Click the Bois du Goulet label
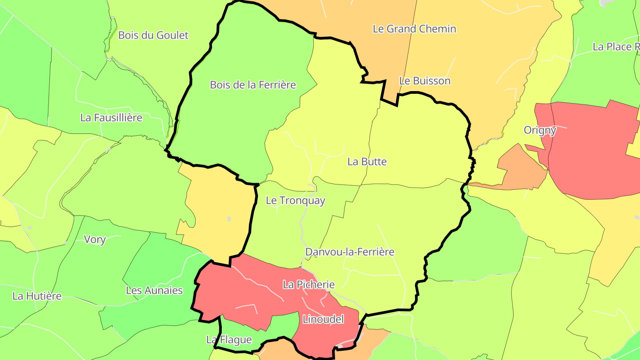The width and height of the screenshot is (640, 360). click(x=153, y=35)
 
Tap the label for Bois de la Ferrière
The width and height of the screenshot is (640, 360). click(x=253, y=84)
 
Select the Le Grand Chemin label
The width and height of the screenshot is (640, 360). click(x=414, y=29)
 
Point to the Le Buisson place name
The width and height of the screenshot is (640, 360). click(x=424, y=81)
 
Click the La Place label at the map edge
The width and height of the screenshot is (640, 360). click(x=616, y=47)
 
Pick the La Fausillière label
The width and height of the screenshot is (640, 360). click(x=111, y=118)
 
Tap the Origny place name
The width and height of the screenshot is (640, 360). click(x=540, y=130)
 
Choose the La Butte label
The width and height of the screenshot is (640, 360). click(x=367, y=162)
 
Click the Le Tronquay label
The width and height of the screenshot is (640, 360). click(x=296, y=200)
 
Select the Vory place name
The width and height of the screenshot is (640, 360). click(x=95, y=240)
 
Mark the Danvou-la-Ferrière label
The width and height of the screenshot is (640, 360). click(x=350, y=252)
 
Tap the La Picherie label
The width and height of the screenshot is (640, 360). click(x=308, y=284)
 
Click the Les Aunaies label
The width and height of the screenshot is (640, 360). click(x=154, y=291)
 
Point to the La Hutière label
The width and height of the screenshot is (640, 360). click(x=37, y=296)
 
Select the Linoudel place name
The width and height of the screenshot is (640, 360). click(x=323, y=319)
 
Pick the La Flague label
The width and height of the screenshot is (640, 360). click(x=229, y=340)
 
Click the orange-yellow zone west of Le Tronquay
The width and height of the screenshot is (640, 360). click(x=218, y=209)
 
